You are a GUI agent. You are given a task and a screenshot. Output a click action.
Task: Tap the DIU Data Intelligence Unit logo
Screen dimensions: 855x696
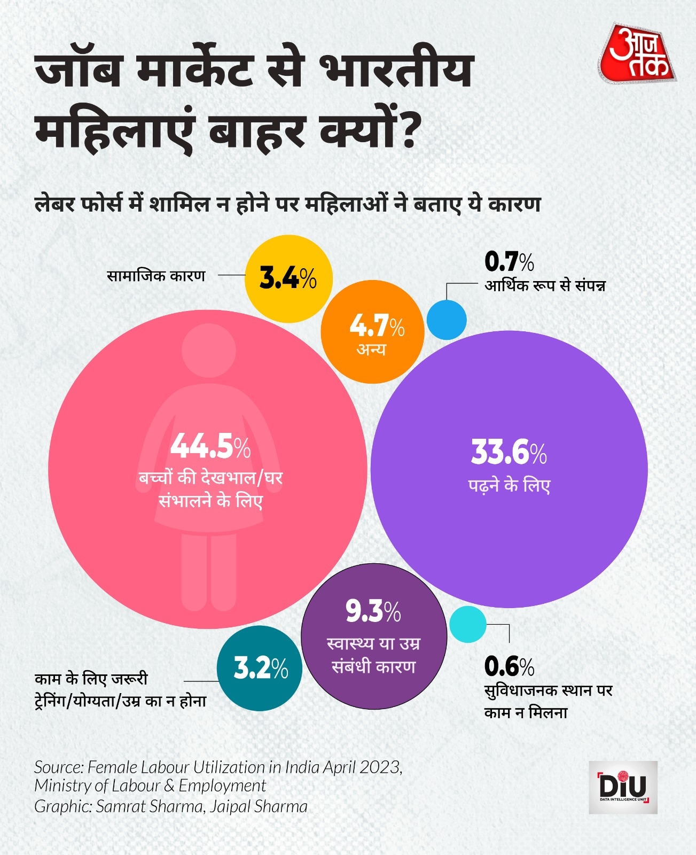point(623,787)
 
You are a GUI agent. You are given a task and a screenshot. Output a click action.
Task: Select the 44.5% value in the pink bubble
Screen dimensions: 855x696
point(210,447)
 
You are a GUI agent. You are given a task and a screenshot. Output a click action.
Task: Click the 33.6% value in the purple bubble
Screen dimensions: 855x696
point(509,452)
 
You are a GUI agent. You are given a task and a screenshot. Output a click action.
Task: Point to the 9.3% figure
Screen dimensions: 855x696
point(373,612)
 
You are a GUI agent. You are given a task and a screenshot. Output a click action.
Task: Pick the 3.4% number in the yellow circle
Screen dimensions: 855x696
point(288,278)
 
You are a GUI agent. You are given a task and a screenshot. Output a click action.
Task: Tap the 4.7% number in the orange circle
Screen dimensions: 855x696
point(377,325)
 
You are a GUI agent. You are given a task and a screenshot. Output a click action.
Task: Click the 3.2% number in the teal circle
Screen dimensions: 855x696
point(261,668)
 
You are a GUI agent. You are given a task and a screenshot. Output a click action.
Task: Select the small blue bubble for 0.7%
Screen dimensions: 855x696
point(447,320)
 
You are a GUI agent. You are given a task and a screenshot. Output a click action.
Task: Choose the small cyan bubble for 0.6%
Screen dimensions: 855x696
point(468,625)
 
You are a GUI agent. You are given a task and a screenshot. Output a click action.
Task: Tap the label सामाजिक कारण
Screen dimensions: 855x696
point(156,276)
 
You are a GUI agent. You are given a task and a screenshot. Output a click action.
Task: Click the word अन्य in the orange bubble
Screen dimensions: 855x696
point(371,349)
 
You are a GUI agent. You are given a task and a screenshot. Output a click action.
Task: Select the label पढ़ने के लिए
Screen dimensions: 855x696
point(509,486)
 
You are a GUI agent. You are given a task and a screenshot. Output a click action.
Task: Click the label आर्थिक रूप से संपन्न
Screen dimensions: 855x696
point(545,285)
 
